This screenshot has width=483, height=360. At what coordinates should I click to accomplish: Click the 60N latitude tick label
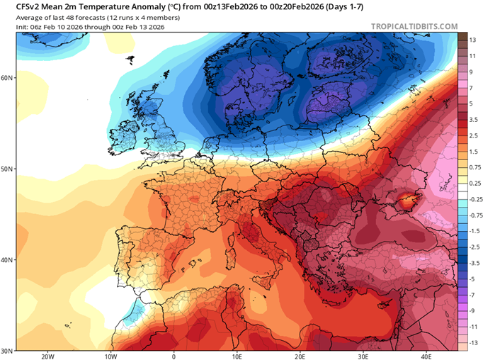(x=8, y=78)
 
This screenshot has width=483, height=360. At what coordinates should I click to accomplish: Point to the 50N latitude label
(x=8, y=169)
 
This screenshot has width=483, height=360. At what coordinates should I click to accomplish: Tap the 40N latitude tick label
(x=8, y=260)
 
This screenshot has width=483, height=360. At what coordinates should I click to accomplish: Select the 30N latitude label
(x=8, y=351)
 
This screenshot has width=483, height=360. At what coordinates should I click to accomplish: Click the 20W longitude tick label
(x=47, y=356)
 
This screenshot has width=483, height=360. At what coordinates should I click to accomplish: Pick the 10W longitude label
(x=110, y=356)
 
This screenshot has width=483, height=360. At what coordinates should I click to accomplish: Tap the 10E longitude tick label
(x=237, y=356)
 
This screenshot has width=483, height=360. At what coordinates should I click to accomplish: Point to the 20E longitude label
(x=300, y=356)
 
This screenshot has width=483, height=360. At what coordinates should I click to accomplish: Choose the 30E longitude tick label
(x=363, y=356)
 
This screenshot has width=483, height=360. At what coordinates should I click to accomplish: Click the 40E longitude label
(x=426, y=356)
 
